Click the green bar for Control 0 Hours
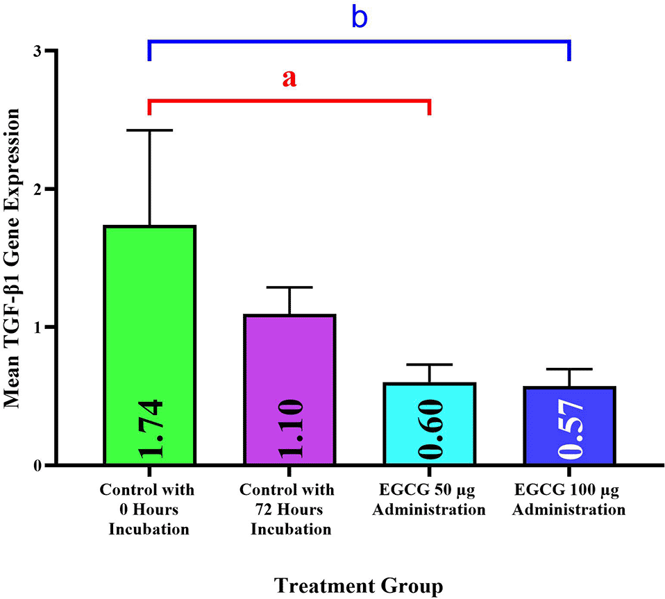[x=149, y=345]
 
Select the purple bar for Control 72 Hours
[x=289, y=389]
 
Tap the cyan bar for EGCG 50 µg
[x=429, y=423]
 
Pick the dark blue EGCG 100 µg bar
[x=569, y=425]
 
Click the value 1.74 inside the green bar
[x=151, y=428]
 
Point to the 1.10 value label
[x=291, y=428]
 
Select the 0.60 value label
[x=430, y=428]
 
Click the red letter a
[x=289, y=78]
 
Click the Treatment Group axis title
[x=358, y=586]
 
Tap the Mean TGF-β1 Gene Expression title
[x=11, y=258]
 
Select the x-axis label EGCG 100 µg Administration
[x=569, y=500]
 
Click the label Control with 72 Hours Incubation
[x=287, y=509]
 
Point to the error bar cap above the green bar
[x=149, y=130]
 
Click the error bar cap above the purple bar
[x=289, y=287]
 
